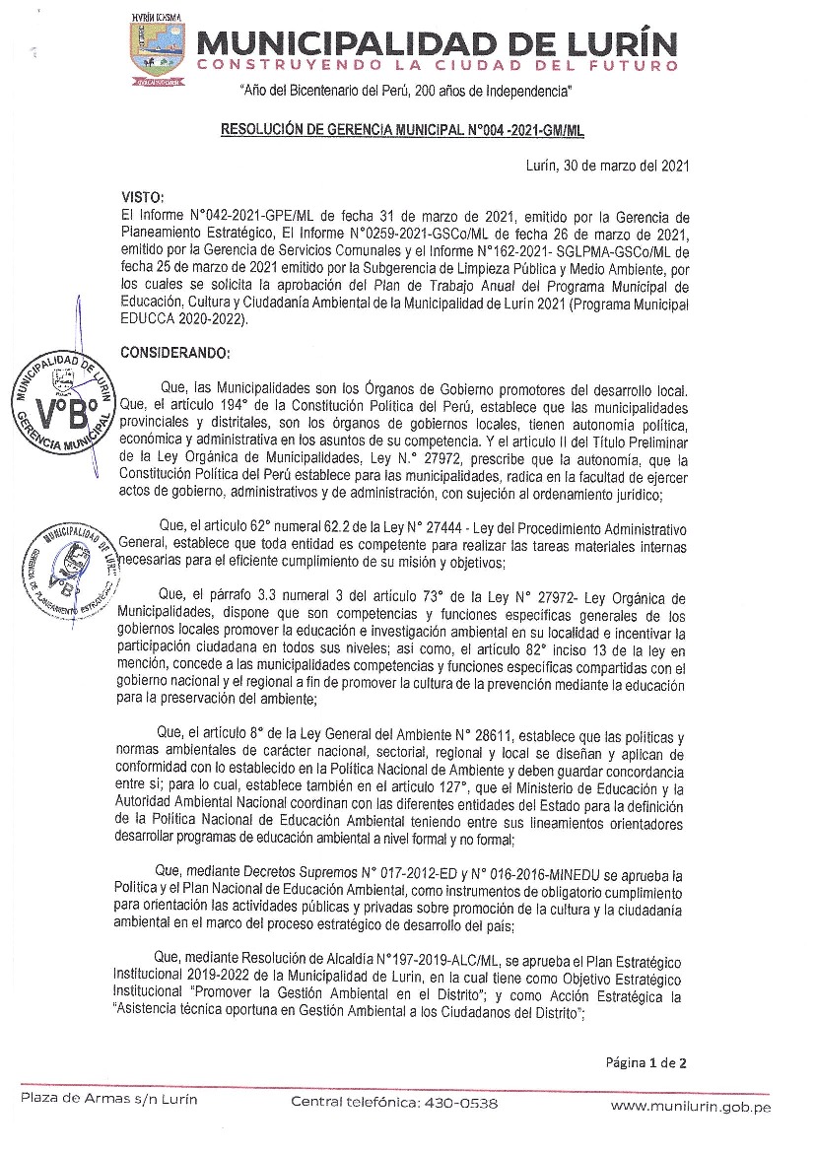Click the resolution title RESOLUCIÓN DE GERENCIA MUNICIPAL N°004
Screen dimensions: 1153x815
(406, 128)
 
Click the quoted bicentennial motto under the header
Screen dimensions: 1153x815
(406, 91)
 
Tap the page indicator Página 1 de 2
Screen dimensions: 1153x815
(645, 1062)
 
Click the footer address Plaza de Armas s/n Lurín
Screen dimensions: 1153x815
(109, 1099)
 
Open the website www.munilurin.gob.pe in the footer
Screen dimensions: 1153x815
(690, 1107)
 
